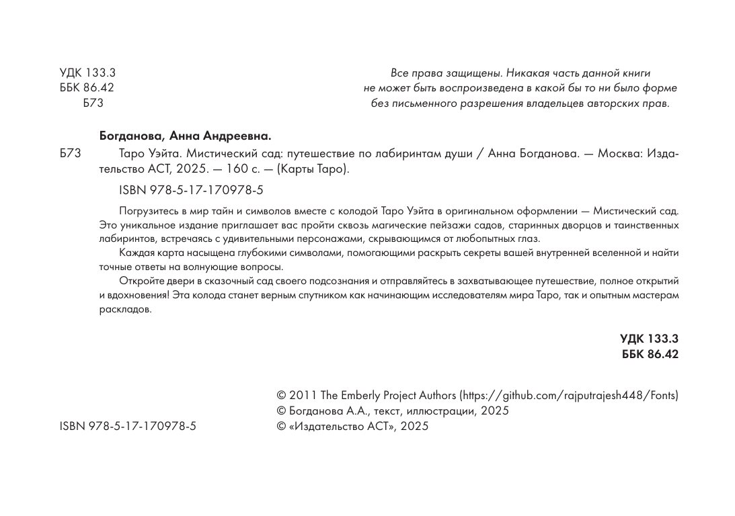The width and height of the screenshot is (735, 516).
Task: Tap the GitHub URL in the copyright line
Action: pos(568,395)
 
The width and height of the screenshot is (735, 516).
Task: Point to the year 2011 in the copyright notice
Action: pos(299,395)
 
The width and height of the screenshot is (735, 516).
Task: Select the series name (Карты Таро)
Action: pos(312,169)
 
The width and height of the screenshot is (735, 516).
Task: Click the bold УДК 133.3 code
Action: pos(649,340)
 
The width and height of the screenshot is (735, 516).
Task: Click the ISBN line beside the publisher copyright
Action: pos(128,426)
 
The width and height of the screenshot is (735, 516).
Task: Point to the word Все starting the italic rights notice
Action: pos(399,73)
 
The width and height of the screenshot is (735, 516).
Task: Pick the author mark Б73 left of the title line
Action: pos(70,153)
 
